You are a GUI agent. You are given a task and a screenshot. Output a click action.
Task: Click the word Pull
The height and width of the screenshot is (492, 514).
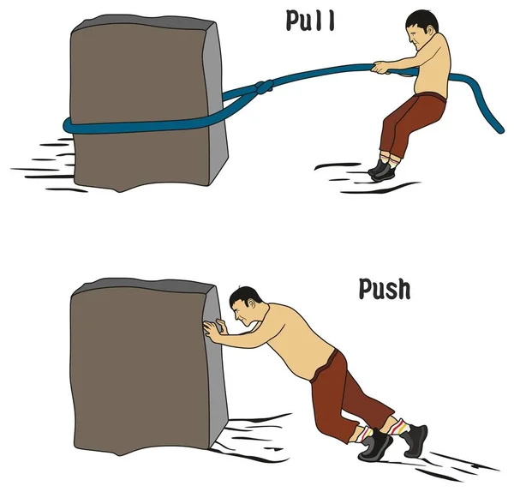pos(310,21)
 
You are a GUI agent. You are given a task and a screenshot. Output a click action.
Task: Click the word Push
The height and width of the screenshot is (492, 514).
pos(385,289)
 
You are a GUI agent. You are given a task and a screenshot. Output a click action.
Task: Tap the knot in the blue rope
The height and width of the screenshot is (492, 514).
pos(264,87)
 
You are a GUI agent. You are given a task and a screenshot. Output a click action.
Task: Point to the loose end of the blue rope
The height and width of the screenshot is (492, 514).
pos(500,130)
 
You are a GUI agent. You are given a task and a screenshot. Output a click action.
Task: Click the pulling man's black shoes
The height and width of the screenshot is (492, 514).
pos(382,169)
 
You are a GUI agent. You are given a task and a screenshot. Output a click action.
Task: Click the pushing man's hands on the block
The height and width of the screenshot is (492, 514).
pos(215,328)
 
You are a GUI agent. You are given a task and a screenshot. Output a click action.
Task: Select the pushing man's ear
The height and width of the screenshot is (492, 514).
pos(252,303)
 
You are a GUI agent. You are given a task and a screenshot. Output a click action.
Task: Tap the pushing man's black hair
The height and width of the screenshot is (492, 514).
pos(244,295)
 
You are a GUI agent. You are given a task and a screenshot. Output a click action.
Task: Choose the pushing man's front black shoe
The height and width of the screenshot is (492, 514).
pos(376,445)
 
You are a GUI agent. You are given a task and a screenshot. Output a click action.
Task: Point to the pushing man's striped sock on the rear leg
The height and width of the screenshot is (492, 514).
pos(399,426)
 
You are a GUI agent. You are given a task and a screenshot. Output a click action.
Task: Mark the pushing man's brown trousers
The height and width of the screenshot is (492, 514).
pos(348,393)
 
